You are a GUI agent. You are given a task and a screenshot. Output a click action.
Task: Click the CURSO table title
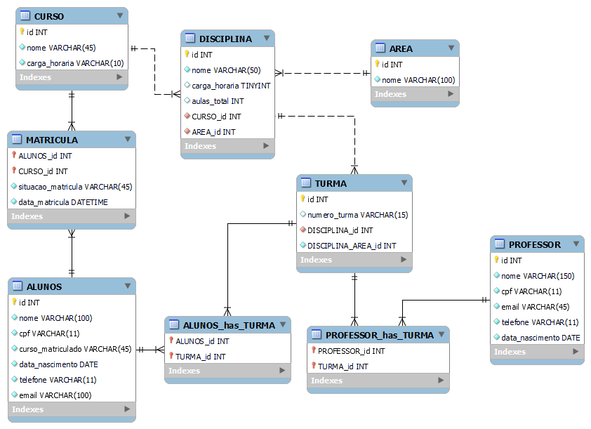click(48, 16)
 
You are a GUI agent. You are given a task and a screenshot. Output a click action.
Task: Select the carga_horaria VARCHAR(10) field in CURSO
click(75, 63)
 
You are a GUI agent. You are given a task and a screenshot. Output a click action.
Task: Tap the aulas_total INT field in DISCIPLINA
click(218, 101)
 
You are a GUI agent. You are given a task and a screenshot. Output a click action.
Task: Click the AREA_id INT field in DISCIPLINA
click(213, 132)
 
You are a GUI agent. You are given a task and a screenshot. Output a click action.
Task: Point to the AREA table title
click(401, 48)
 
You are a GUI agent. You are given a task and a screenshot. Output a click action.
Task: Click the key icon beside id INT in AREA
click(378, 64)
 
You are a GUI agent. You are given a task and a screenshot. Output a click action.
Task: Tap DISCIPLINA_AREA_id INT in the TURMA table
click(351, 246)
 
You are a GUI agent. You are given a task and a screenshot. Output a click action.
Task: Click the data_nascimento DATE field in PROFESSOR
click(540, 338)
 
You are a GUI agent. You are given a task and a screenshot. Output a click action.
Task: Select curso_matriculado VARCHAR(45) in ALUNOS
click(74, 349)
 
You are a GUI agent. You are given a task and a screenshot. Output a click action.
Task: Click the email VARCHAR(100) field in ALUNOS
click(55, 395)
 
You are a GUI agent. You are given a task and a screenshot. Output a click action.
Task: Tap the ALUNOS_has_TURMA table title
click(229, 325)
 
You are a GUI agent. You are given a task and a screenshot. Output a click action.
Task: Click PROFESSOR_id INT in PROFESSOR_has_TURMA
click(351, 351)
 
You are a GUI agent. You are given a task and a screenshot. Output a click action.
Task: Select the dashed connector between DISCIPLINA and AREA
click(323, 72)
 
